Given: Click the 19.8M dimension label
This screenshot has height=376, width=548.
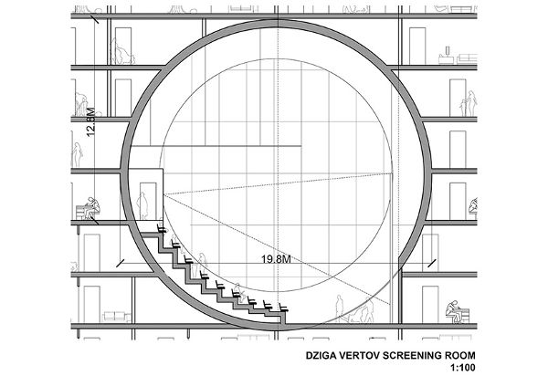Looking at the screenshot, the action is click(276, 259).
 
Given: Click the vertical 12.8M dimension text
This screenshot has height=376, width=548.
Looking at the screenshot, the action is click(90, 122).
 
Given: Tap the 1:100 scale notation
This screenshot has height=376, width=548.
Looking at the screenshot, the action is click(463, 368).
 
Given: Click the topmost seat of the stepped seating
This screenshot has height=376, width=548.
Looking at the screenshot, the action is click(162, 228).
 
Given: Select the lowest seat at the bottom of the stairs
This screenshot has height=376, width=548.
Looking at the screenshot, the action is click(283, 308).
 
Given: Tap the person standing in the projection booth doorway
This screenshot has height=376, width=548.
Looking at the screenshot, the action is click(142, 205).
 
